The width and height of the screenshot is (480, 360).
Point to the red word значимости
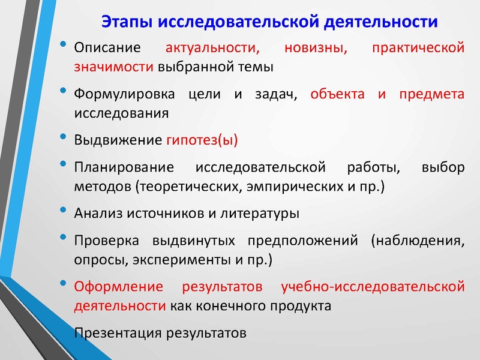pos(113,66)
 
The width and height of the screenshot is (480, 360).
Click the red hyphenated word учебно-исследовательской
pos(373,287)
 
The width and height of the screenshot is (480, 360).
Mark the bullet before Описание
pos(64,46)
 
